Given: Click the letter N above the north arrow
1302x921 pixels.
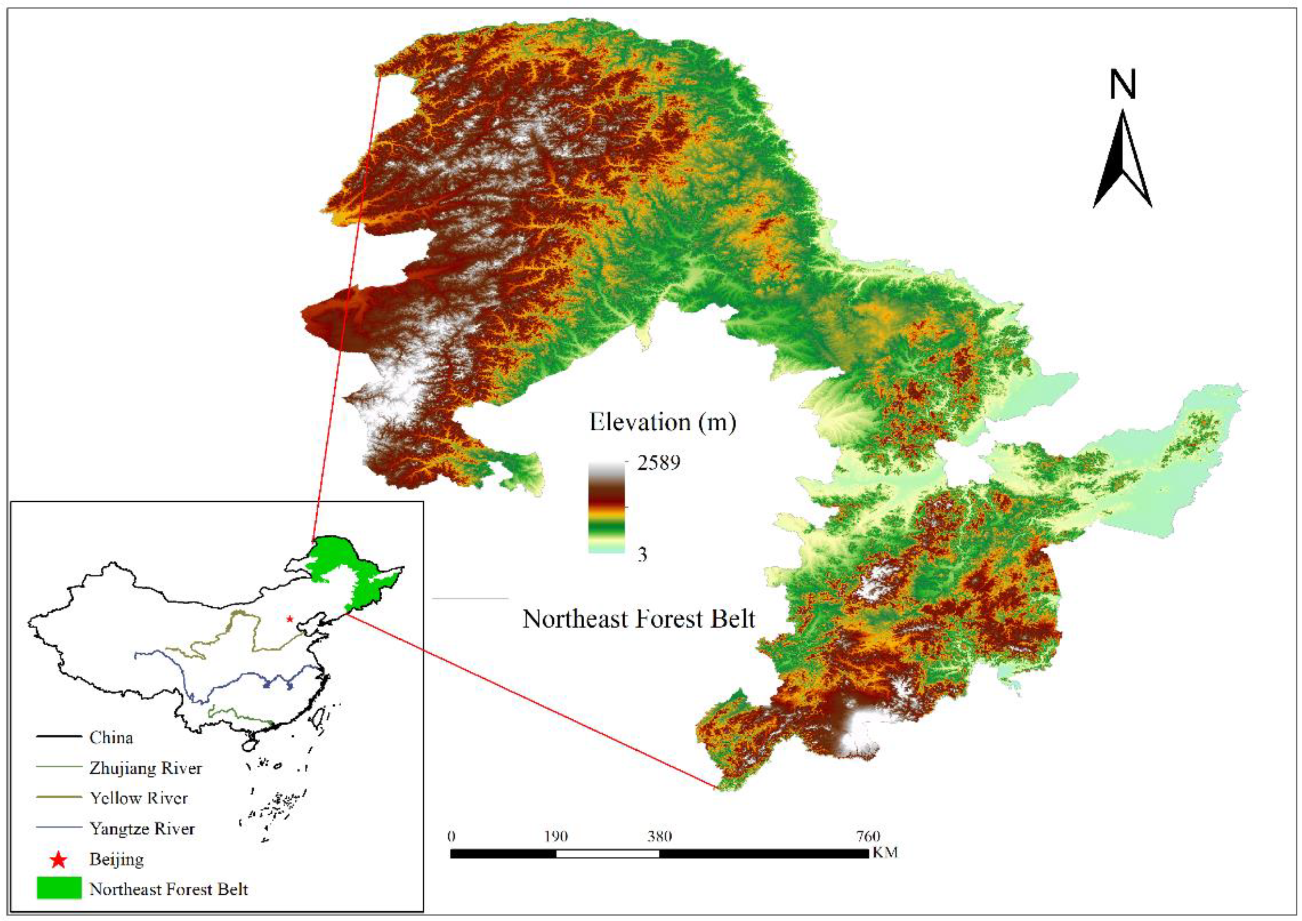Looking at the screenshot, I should click(x=1122, y=85).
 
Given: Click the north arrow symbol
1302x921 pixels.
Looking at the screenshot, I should click(x=1122, y=162).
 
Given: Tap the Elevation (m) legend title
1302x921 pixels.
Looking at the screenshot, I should click(x=663, y=422).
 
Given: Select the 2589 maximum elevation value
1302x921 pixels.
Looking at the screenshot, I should click(x=658, y=463).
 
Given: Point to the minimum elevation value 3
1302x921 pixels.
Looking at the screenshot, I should click(x=642, y=554).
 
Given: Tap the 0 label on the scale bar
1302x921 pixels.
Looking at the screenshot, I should click(x=451, y=836).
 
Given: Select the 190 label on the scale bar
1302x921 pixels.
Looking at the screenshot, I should click(x=556, y=836).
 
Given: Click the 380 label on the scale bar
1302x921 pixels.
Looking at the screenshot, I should click(x=660, y=836).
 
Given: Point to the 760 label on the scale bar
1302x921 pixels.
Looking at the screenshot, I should click(x=867, y=836).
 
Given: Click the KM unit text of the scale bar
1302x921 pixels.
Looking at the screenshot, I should click(x=885, y=852).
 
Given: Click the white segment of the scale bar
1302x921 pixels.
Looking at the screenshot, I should click(x=607, y=854).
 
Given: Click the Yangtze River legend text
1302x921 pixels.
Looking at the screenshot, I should click(x=142, y=829).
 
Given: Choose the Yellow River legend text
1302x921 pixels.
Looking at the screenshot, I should click(x=138, y=798).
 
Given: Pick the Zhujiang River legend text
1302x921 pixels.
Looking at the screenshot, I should click(x=145, y=768).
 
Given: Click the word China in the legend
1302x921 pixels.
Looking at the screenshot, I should click(x=111, y=737).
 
